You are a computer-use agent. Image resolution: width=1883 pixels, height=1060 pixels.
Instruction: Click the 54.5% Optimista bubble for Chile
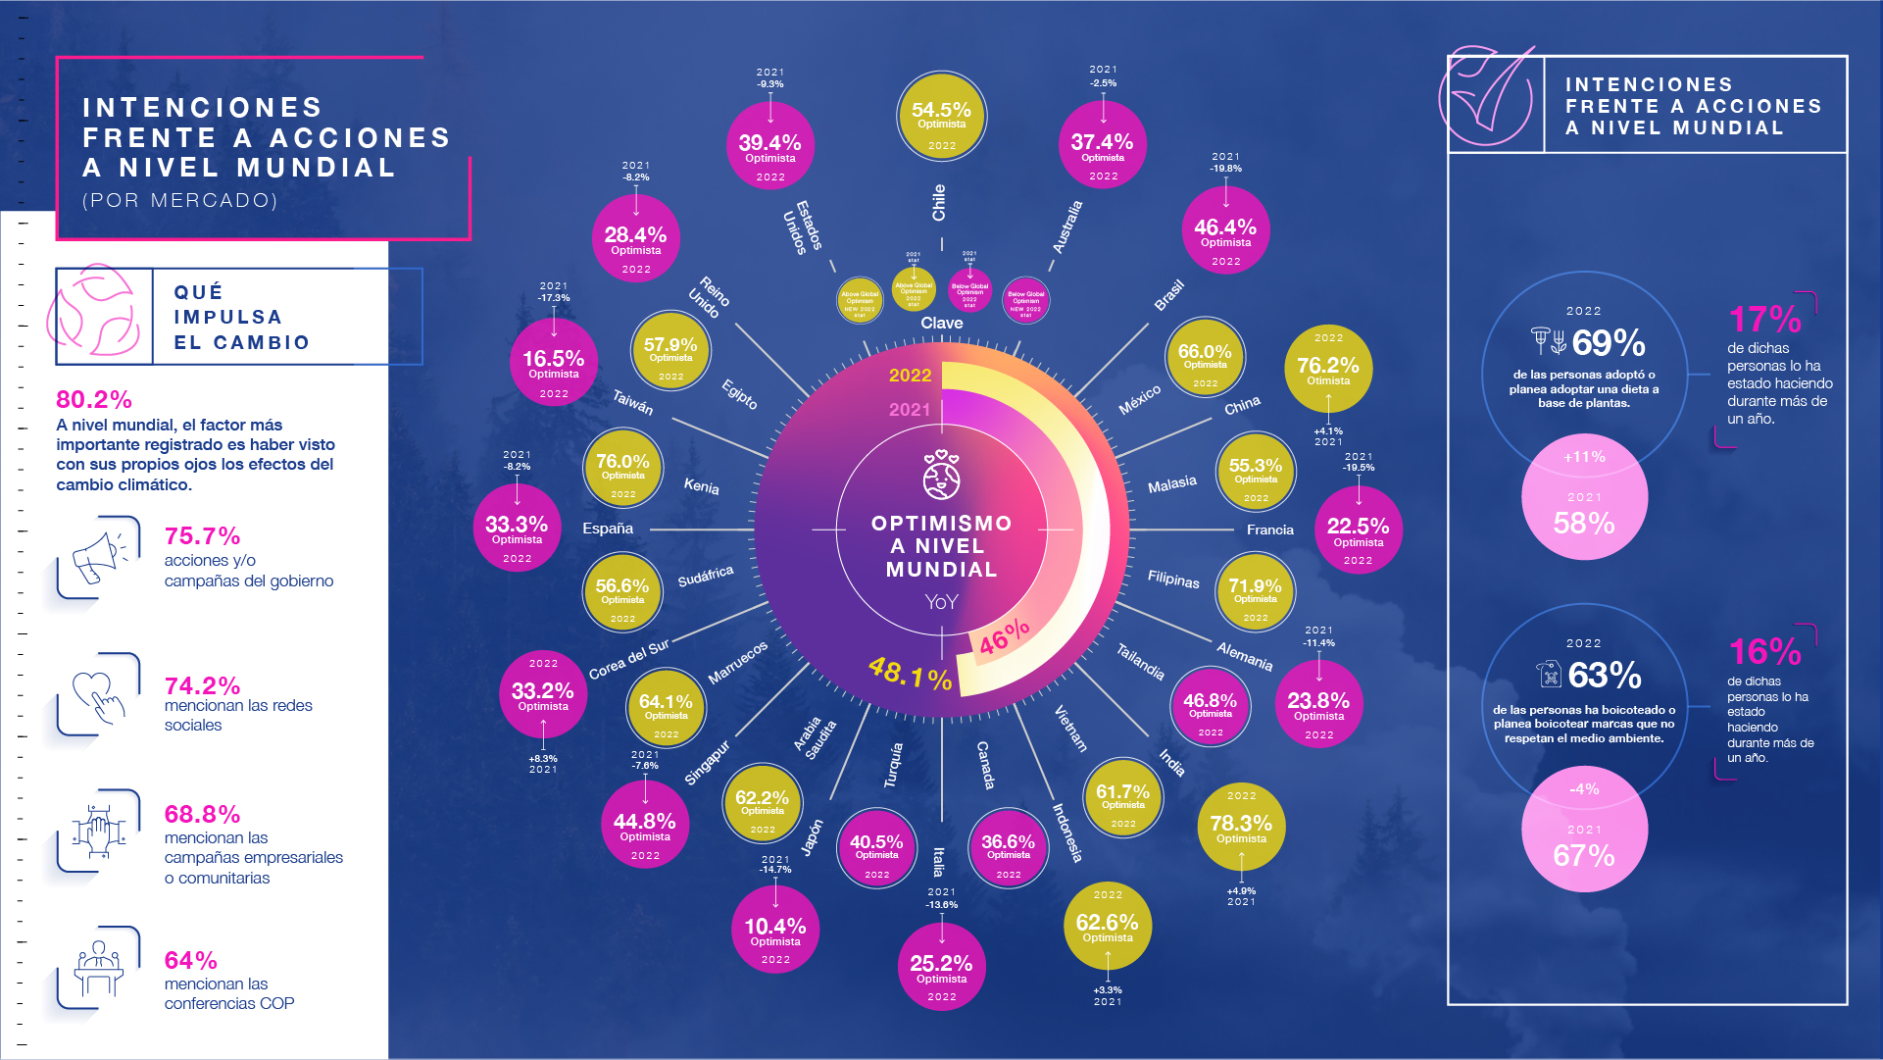tap(941, 116)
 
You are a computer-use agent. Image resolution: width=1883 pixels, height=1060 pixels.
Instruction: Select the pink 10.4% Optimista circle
tap(774, 931)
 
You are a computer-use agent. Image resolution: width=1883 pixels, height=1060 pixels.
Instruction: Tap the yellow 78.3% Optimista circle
tap(1241, 827)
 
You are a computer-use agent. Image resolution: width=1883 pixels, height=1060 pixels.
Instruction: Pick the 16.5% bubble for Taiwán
tap(553, 362)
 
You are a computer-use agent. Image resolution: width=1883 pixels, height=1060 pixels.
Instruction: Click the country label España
tap(608, 529)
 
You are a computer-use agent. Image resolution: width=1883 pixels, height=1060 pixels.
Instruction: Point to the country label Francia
tap(1269, 530)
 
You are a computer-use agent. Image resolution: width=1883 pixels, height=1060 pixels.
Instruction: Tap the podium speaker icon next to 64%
tap(98, 967)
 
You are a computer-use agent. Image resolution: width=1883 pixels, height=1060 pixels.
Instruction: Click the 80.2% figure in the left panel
tap(94, 399)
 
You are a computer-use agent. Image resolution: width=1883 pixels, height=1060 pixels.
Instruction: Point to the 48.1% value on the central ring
tap(910, 674)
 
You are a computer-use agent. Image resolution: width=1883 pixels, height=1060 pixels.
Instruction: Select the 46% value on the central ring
tap(1005, 636)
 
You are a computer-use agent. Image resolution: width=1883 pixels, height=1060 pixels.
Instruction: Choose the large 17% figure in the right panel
tap(1763, 320)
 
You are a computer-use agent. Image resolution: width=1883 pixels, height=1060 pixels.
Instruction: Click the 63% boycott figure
tap(1604, 675)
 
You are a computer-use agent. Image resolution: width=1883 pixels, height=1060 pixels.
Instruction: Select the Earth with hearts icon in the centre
tap(941, 476)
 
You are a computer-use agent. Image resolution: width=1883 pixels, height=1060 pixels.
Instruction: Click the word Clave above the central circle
tap(941, 323)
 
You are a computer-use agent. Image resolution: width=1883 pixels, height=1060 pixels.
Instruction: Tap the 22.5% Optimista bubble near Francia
tap(1358, 530)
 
